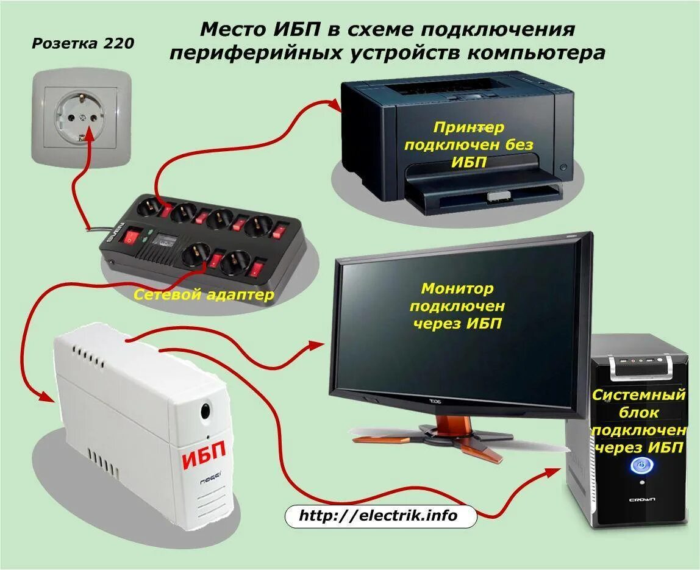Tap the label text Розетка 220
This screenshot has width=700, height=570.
83,44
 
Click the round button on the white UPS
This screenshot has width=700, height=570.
206,411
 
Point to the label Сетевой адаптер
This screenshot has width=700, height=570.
204,296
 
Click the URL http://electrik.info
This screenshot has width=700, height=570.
378,516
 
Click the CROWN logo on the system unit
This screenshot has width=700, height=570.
642,500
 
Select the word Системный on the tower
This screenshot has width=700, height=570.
639,395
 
